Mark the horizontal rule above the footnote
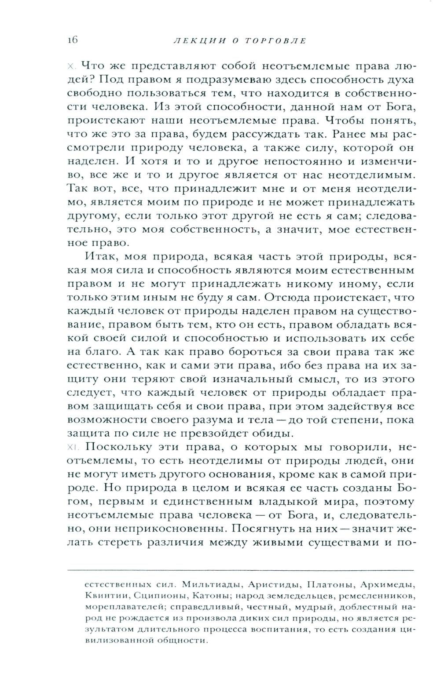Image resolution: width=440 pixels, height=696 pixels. pos(241,570)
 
